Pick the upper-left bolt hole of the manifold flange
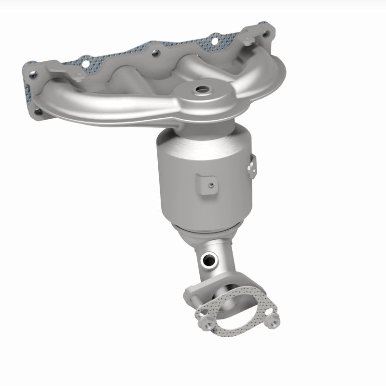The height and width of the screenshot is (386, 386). point(33,75)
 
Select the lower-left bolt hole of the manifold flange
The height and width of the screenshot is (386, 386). point(39,112)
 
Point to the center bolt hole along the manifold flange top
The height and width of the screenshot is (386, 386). point(154,55)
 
